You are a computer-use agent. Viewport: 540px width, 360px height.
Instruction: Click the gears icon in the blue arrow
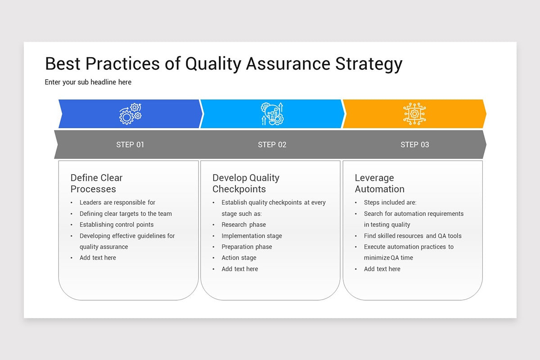[130, 114]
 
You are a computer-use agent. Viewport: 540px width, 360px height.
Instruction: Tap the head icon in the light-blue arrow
[272, 114]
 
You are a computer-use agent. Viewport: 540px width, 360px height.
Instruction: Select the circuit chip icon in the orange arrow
[414, 114]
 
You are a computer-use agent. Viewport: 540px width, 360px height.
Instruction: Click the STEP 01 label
[130, 144]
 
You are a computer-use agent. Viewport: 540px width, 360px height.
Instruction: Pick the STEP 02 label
[272, 144]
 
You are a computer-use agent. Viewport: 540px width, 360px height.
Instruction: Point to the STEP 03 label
[414, 144]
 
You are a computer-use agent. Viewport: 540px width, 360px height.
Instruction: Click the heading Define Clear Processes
[96, 183]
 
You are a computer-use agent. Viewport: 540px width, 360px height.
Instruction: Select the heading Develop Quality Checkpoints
[246, 183]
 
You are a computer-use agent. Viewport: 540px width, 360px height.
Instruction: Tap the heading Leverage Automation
[379, 183]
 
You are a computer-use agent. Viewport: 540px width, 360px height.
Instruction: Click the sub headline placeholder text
[88, 82]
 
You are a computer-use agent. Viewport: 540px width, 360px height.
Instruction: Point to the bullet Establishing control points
[117, 225]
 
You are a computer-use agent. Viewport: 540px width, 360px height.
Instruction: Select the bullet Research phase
[243, 225]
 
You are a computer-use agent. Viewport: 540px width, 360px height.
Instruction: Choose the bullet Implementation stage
[252, 236]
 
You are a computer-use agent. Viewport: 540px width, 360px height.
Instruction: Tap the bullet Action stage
[239, 258]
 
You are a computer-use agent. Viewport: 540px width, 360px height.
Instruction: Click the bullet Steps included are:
[390, 202]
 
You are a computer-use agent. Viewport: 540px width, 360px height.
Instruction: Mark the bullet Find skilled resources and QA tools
[413, 236]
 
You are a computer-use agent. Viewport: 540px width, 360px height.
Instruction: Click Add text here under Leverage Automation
[382, 269]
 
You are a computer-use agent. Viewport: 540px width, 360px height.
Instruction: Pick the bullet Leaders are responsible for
[117, 202]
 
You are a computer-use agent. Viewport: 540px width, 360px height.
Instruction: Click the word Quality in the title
[214, 64]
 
